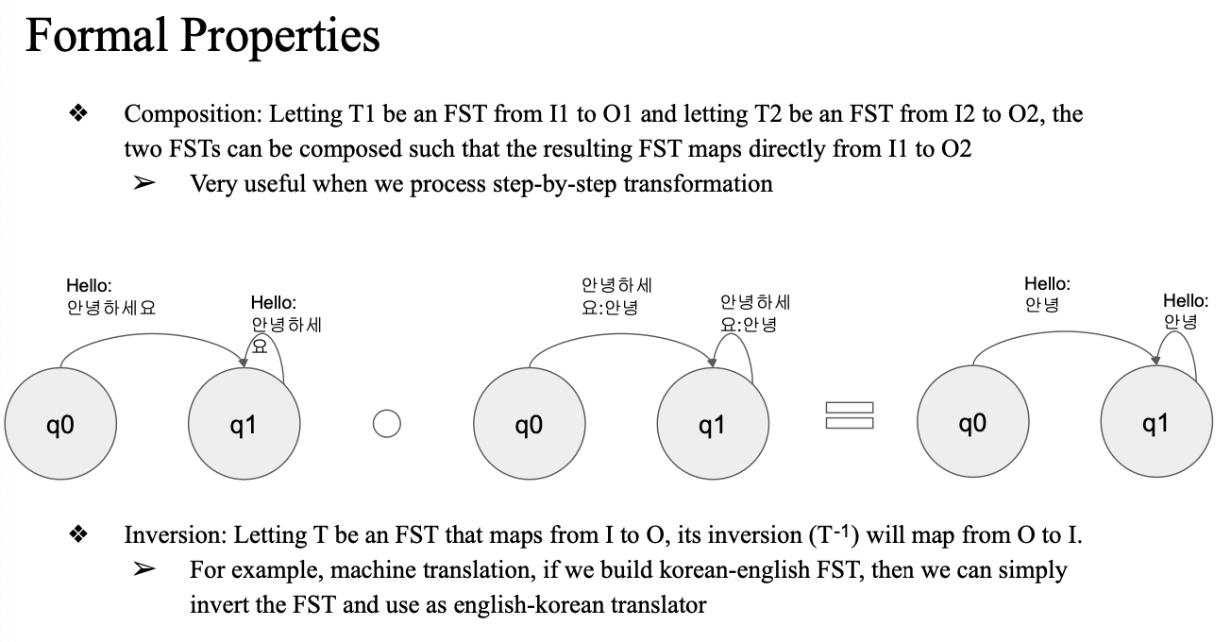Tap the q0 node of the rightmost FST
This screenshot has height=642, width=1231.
972,424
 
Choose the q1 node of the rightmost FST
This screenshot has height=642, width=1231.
1155,424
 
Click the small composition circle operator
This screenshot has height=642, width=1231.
386,424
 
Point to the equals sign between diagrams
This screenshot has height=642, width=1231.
849,415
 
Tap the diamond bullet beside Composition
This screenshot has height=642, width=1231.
78,114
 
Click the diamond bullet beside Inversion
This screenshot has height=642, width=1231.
78,535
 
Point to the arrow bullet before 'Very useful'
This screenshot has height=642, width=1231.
143,183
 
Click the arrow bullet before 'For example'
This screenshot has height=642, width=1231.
143,570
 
